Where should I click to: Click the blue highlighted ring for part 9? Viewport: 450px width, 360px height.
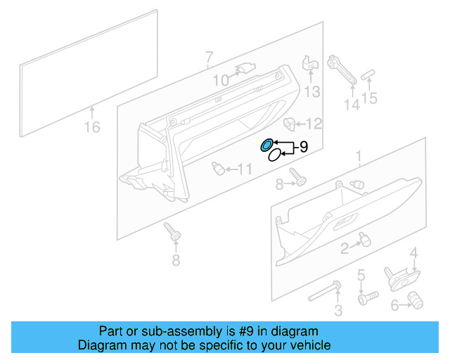[x=267, y=146]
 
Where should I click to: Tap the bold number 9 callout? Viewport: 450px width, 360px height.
[x=304, y=147]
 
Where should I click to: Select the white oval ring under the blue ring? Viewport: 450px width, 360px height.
[x=271, y=158]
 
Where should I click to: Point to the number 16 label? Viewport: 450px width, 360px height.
[x=92, y=127]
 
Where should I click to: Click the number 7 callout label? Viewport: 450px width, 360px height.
[x=209, y=56]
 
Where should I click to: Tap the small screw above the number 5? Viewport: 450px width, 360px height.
[x=363, y=298]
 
